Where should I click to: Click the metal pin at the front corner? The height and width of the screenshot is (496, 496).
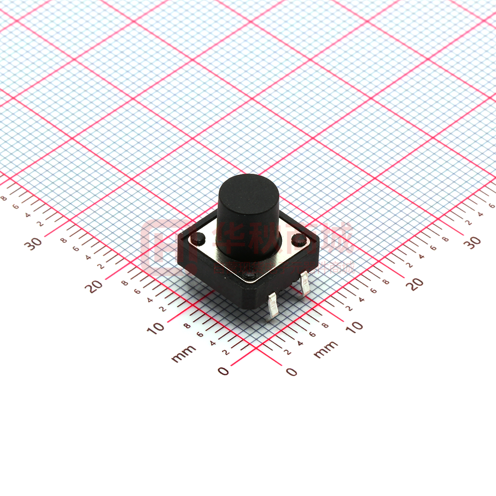point(273,308)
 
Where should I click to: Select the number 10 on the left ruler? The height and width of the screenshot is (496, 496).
point(156,328)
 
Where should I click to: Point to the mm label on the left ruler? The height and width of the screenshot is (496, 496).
point(183,354)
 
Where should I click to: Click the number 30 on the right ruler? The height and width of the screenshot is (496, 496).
point(472,242)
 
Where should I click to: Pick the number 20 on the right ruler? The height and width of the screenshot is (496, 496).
point(414,284)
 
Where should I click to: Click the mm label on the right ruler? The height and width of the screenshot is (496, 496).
point(325,350)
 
